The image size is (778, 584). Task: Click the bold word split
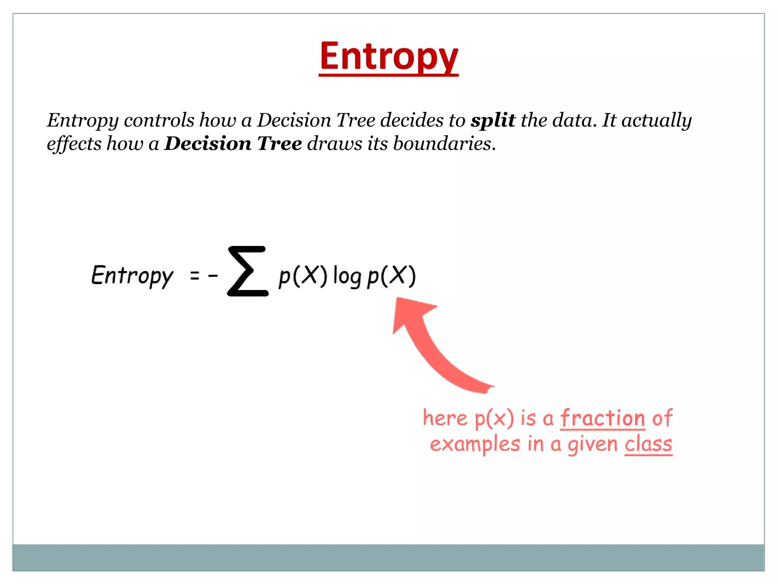click(x=493, y=121)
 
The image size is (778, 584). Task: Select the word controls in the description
click(x=159, y=121)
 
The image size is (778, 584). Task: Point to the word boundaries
click(x=444, y=144)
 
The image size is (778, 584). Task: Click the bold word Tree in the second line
click(x=280, y=144)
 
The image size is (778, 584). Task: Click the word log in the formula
click(x=347, y=276)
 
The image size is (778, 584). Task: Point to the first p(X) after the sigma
click(x=303, y=276)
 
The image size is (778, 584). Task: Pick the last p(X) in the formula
click(x=391, y=276)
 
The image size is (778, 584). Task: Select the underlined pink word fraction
click(x=602, y=418)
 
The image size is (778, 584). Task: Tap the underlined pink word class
click(x=648, y=444)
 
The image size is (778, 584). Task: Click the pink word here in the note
click(x=445, y=418)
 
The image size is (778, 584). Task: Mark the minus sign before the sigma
click(x=213, y=275)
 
